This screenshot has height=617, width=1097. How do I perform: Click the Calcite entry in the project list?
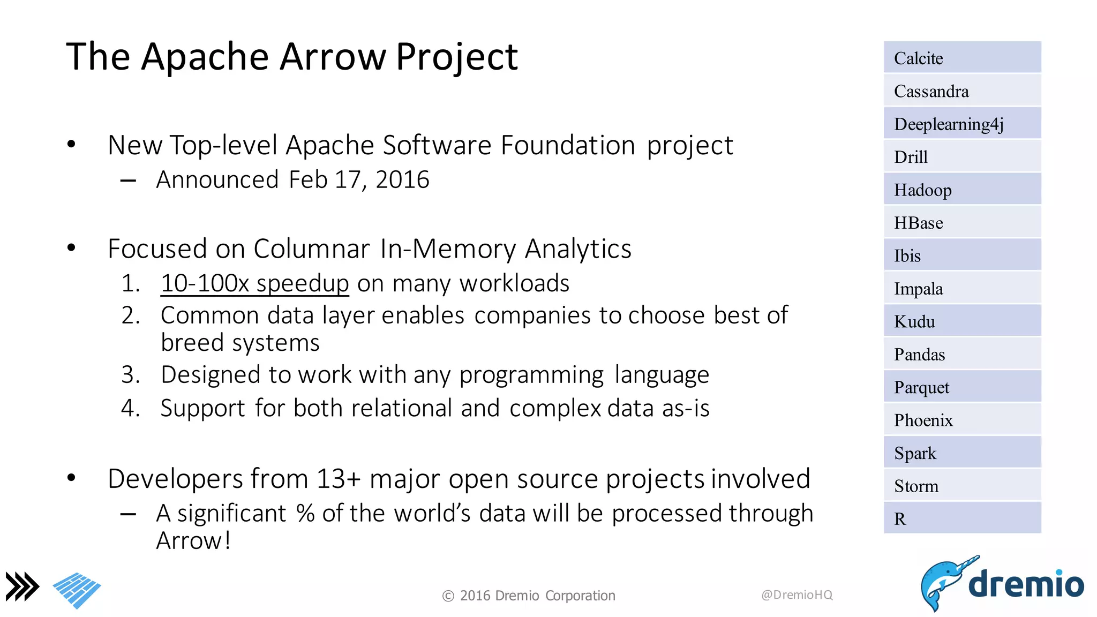click(961, 58)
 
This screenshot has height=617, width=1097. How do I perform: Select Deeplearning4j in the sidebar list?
click(961, 124)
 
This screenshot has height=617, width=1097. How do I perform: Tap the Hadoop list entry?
click(961, 190)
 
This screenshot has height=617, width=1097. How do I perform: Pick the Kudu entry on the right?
click(961, 321)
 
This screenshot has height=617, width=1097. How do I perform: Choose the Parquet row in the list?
click(961, 387)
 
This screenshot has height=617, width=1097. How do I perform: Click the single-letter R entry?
click(961, 518)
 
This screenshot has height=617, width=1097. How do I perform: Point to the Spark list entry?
click(961, 453)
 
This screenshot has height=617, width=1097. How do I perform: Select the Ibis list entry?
click(961, 255)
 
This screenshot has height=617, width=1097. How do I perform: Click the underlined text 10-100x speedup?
click(255, 283)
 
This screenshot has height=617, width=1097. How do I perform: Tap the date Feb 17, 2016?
click(359, 179)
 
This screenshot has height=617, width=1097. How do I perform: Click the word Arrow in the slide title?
click(333, 56)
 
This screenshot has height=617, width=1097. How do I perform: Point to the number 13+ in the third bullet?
click(338, 479)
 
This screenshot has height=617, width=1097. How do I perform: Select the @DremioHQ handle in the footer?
click(797, 595)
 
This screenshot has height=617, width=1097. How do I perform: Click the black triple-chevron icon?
click(22, 586)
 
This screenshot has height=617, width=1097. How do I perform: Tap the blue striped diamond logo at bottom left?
click(77, 590)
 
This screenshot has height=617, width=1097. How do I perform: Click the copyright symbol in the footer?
click(448, 596)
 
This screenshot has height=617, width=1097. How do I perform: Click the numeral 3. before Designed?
click(130, 374)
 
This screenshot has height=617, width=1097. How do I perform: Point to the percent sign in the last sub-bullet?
click(305, 513)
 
